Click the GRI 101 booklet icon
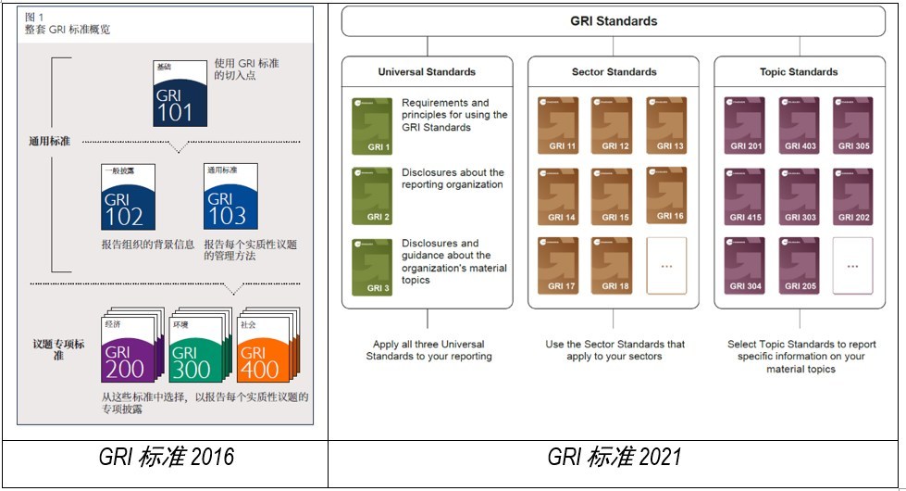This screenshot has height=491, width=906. click(180, 94)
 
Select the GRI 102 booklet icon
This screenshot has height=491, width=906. click(129, 197)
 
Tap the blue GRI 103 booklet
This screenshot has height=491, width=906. click(230, 197)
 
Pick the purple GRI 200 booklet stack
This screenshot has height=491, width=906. click(129, 349)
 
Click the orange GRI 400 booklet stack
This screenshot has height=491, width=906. click(265, 349)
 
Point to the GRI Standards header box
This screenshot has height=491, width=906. click(613, 21)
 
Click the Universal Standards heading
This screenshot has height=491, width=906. click(427, 71)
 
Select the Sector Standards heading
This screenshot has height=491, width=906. click(614, 71)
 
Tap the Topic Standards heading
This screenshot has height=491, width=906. click(800, 71)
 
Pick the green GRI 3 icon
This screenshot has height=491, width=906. click(372, 266)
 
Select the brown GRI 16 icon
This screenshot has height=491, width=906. click(666, 195)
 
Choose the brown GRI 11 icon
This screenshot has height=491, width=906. click(558, 125)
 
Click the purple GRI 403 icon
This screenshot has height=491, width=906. click(799, 125)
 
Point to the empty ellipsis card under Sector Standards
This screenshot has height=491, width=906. click(666, 266)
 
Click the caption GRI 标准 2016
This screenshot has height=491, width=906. click(167, 457)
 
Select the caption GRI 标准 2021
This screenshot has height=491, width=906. click(614, 457)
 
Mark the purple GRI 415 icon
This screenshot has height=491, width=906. click(745, 195)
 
